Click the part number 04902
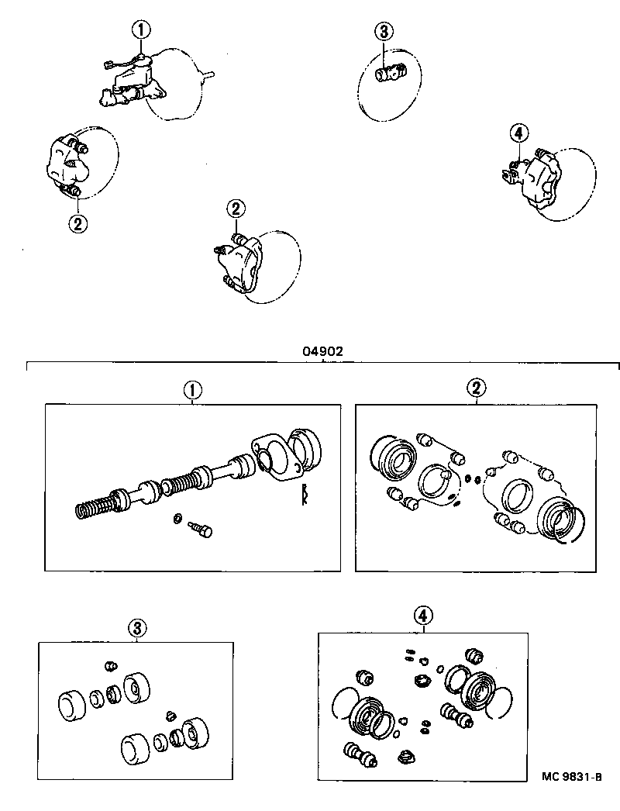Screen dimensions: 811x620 [x=322, y=350]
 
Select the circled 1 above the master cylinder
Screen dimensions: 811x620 [x=140, y=30]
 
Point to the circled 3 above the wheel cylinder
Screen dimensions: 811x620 [x=385, y=31]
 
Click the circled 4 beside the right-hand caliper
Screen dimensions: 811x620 [x=519, y=133]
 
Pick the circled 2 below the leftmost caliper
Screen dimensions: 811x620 [x=77, y=223]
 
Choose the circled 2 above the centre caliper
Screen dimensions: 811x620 [x=236, y=208]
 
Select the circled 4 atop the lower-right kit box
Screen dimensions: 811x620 [x=422, y=616]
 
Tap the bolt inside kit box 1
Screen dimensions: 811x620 [x=200, y=530]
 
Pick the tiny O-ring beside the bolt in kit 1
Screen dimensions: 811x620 [x=177, y=518]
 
